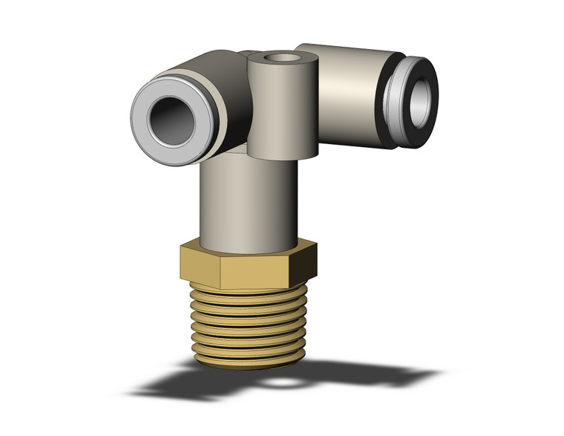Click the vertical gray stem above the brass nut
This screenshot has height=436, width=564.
pyautogui.click(x=248, y=201)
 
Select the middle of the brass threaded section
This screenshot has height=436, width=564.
pyautogui.click(x=249, y=327)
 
